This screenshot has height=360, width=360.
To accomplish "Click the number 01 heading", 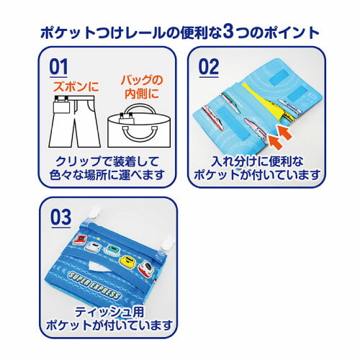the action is [58, 67].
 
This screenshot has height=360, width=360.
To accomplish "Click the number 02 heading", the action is [209, 67].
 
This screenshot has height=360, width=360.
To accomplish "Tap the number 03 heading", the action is [61, 217].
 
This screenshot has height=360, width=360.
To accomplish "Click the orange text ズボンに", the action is [76, 86].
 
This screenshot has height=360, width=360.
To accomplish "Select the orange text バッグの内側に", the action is [142, 87].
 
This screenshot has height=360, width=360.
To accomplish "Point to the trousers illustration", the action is [75, 122].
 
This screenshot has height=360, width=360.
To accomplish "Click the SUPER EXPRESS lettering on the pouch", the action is [94, 285].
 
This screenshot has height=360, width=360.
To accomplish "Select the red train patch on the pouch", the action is [80, 239].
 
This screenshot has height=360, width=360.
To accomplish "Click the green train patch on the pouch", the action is [111, 250].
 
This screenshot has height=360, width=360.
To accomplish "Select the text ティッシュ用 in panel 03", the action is [109, 312].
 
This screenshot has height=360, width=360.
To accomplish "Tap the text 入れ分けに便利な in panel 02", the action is [257, 161].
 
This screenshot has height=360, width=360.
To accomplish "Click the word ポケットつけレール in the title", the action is [103, 33].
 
